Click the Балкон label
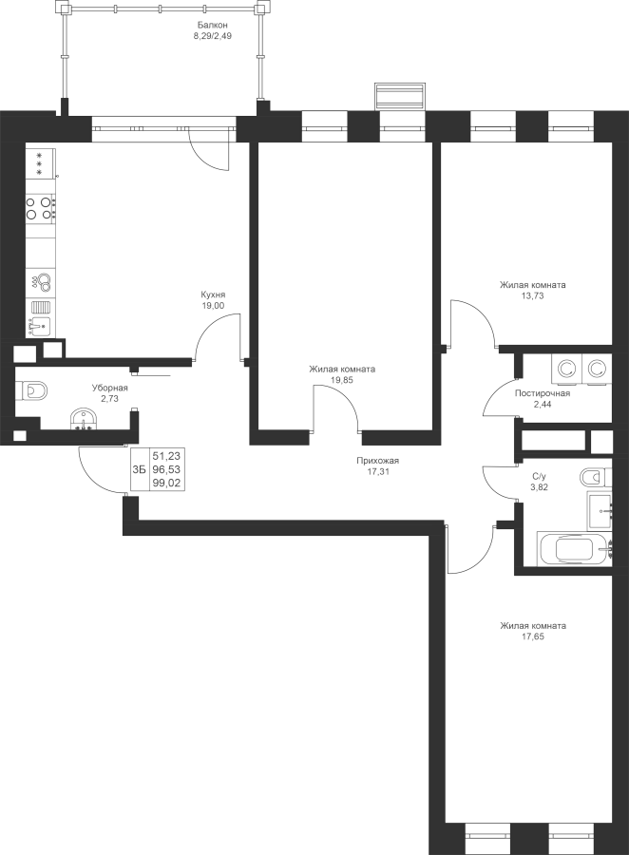point(212,25)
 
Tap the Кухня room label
point(213,294)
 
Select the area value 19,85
point(342,380)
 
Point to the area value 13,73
point(532,296)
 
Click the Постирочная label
point(543,393)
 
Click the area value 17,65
point(533,636)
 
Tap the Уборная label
point(109,388)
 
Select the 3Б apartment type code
point(139,469)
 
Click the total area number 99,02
point(166,483)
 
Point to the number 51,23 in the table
point(166,455)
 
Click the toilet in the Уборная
point(31,391)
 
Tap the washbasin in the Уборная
point(84,420)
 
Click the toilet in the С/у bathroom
point(594,477)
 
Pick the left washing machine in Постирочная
point(567,368)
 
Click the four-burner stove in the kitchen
point(41,208)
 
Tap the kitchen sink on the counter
point(39,327)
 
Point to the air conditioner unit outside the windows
point(399,97)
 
